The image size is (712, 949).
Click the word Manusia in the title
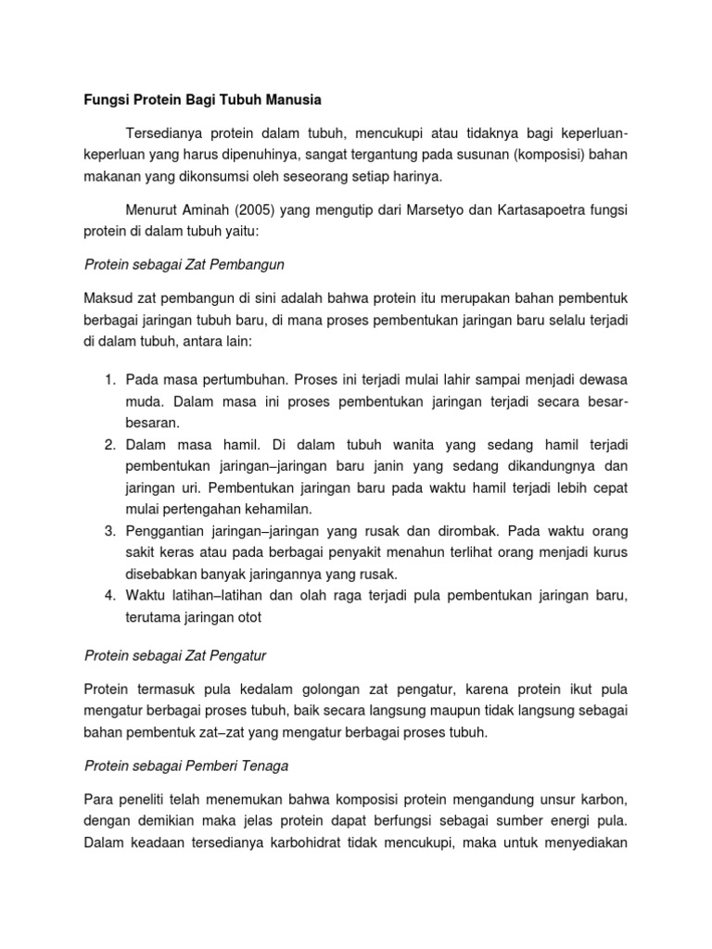click(x=287, y=97)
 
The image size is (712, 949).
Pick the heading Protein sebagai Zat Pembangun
click(x=184, y=264)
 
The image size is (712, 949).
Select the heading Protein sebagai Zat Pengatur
click(x=175, y=655)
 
